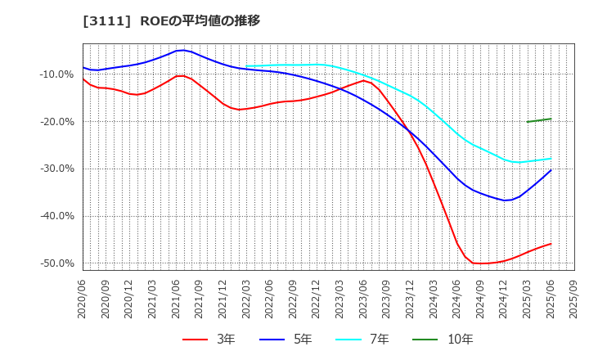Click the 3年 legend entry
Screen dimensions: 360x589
tap(209, 339)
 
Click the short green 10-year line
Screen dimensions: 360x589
tap(539, 120)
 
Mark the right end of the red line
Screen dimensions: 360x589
tap(551, 244)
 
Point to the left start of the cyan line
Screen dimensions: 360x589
tap(246, 66)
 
